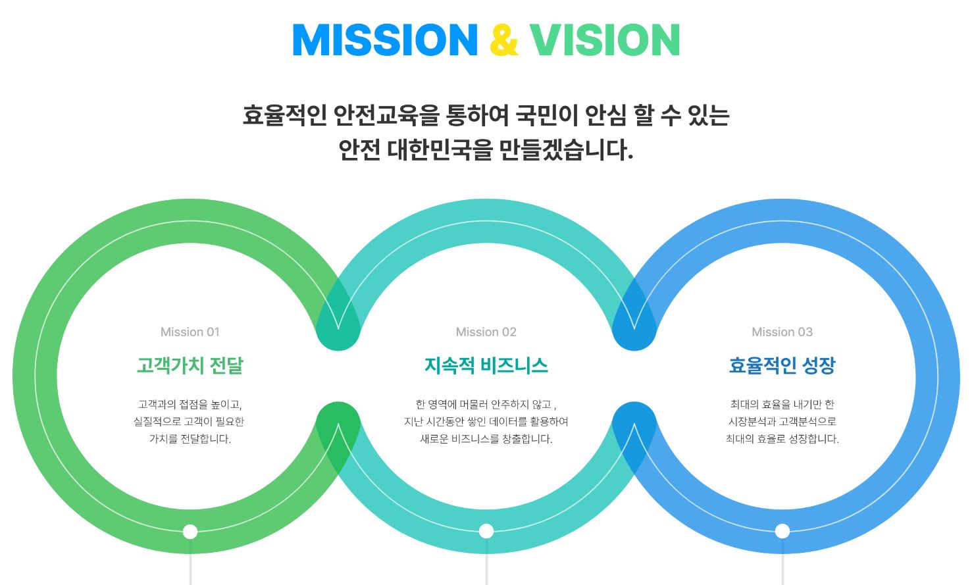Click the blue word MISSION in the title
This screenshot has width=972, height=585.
386,40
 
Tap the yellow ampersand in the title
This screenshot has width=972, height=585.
504,40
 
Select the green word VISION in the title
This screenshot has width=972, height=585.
605,40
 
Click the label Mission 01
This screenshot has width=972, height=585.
190,332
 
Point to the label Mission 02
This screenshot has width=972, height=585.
486,332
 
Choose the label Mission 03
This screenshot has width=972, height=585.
782,332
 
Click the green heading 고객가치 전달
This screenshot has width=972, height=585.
190,365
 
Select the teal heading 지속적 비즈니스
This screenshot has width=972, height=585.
486,365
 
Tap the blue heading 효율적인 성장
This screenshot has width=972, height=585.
782,365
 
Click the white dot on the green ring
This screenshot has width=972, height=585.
190,531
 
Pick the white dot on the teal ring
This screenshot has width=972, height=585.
486,531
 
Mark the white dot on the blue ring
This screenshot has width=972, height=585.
782,531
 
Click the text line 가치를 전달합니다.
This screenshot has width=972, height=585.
190,439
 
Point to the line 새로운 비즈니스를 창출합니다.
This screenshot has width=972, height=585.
486,439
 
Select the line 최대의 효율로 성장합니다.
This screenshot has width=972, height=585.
782,439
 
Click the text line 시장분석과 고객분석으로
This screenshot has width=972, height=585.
782,421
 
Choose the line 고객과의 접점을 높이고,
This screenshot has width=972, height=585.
190,405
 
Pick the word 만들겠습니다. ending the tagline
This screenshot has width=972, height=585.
567,150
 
